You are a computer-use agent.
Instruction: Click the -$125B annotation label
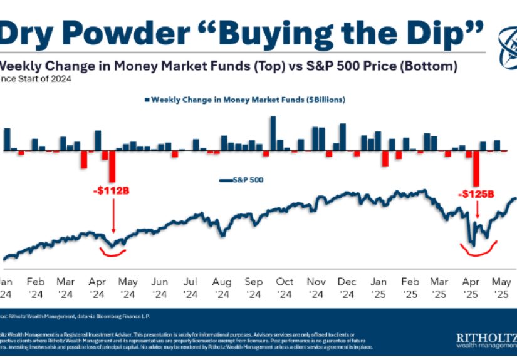click(477, 195)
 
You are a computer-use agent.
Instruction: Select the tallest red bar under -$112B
click(113, 167)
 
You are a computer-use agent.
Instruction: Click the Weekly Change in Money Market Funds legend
click(248, 99)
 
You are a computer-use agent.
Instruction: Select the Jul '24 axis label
click(191, 287)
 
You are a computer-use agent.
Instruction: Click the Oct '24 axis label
click(285, 287)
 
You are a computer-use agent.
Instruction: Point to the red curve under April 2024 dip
click(113, 253)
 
